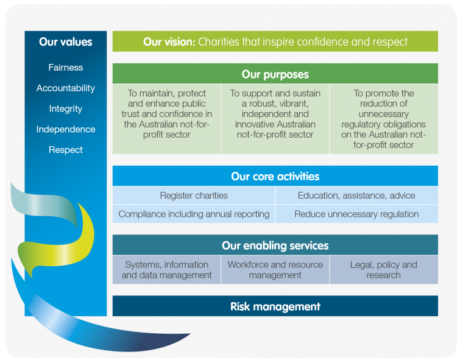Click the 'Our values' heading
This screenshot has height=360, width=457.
(66, 42)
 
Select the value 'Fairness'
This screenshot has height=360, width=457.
(66, 68)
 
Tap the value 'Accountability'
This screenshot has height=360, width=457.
(66, 88)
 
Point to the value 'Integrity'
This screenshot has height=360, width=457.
(66, 109)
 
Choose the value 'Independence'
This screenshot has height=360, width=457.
(66, 129)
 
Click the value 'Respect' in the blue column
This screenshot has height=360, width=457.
(66, 150)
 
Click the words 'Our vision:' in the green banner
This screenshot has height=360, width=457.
(169, 42)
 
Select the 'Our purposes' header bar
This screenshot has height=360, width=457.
(275, 75)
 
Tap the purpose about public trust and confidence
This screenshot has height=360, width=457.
(166, 114)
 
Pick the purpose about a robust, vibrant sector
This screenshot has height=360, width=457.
(275, 114)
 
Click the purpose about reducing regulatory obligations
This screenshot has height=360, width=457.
(383, 119)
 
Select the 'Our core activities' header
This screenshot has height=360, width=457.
(275, 177)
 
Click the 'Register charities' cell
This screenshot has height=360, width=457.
(194, 196)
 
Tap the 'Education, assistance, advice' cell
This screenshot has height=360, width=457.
(356, 196)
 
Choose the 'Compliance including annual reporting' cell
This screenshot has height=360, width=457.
(194, 214)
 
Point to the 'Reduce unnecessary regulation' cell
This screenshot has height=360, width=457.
(356, 214)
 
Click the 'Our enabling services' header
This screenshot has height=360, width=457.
(275, 245)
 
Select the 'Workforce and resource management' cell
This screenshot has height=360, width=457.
(275, 270)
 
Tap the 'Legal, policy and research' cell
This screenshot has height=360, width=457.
(383, 270)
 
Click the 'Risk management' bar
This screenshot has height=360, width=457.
(275, 306)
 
